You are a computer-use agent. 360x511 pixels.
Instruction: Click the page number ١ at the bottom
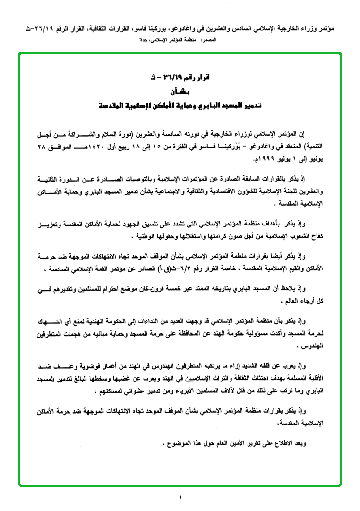coord(180,497)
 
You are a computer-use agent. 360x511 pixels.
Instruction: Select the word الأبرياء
coord(196,390)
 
